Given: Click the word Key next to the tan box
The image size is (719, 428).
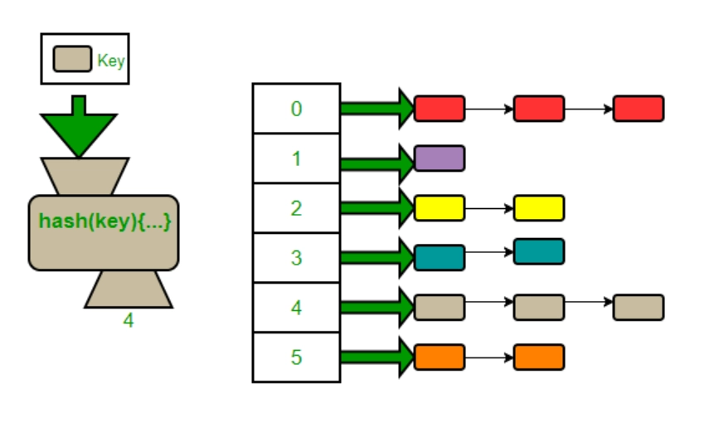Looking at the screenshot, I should pos(110,61).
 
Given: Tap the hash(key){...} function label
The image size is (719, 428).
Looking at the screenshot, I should pos(104,222).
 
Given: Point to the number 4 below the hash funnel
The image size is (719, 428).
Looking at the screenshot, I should pos(128,320).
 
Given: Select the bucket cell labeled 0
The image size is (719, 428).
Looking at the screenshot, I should pos(296,109).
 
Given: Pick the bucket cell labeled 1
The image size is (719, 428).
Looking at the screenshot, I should pos(296,158).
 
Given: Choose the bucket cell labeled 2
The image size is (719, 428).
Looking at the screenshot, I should pos(296,208).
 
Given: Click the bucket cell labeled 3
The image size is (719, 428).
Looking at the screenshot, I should pos(296,258).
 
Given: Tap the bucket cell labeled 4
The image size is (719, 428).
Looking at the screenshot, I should pos(296,308).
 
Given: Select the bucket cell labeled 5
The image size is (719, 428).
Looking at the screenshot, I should pos(296,357).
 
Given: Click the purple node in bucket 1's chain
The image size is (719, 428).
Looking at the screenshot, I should pos(440,158).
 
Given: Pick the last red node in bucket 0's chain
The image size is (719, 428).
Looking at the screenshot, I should pos(639,109).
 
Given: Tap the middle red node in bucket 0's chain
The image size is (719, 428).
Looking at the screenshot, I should pos(539,109).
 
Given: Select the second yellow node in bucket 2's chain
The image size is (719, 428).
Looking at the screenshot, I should pos(539,208).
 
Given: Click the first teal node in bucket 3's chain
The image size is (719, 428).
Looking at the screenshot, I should pos(440,258).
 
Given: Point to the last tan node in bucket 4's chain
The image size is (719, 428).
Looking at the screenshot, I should pos(639,308).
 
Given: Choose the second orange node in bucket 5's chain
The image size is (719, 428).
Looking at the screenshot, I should pos(539,357).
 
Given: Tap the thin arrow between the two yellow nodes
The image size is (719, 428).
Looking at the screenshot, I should pos(489,208).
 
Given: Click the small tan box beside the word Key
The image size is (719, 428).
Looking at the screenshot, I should pos(72,60).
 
